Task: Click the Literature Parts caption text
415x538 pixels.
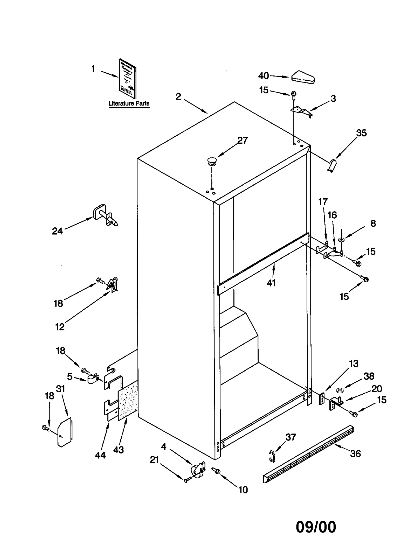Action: click(x=129, y=103)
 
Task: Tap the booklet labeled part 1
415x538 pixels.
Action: click(x=127, y=78)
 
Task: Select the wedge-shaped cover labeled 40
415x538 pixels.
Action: click(x=303, y=77)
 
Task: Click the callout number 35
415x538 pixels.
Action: click(x=361, y=133)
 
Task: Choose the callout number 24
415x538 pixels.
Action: click(x=57, y=231)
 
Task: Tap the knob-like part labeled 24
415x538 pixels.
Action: click(x=105, y=216)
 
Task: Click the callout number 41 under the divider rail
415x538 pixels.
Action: click(x=271, y=283)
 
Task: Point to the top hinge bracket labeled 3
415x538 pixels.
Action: click(x=302, y=111)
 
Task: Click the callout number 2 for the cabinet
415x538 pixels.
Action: click(x=178, y=96)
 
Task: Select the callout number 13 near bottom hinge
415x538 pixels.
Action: click(x=354, y=364)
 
